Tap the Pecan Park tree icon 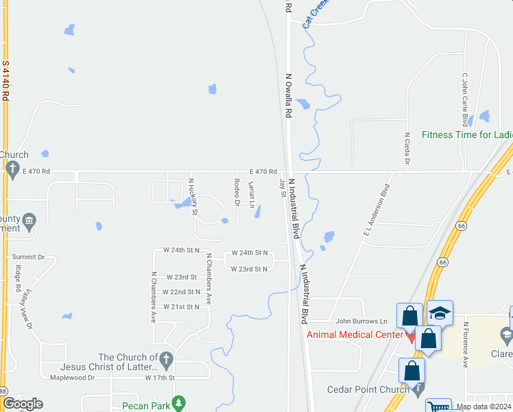click(179, 402)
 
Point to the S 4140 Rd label click(5, 81)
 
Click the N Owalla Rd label click(289, 96)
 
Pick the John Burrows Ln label click(361, 321)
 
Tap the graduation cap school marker click(440, 313)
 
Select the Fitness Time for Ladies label click(467, 135)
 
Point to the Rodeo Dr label click(236, 192)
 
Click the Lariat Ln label click(252, 194)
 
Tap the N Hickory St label click(193, 196)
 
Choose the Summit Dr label click(28, 257)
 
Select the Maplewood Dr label click(72, 377)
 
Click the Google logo click(23, 404)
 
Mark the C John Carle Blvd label click(464, 100)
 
